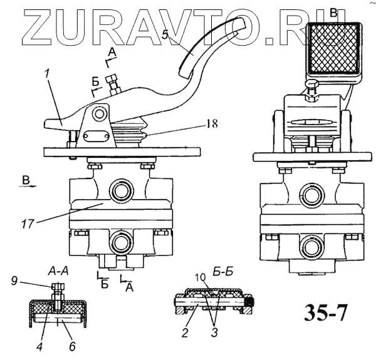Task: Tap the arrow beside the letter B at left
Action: [28, 186]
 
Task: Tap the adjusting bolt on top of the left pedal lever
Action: [113, 84]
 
